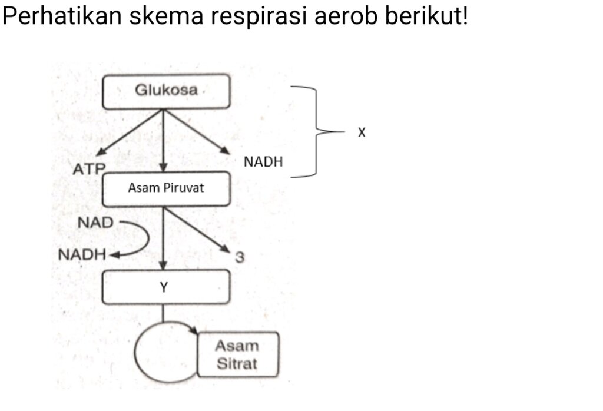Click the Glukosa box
[x=166, y=91]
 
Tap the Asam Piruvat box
[x=166, y=189]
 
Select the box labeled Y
[x=166, y=287]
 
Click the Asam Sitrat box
[x=238, y=354]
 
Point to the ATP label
[x=90, y=169]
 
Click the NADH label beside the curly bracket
[x=263, y=162]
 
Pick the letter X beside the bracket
[x=362, y=132]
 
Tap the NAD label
[x=95, y=223]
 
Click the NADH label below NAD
[x=82, y=254]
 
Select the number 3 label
[x=240, y=257]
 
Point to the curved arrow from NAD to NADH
[x=148, y=238]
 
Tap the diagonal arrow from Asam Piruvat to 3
[x=197, y=230]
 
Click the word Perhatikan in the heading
[x=62, y=16]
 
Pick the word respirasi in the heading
[x=258, y=17]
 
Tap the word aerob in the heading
[x=346, y=17]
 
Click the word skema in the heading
[x=166, y=16]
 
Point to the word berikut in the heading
[x=423, y=16]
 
